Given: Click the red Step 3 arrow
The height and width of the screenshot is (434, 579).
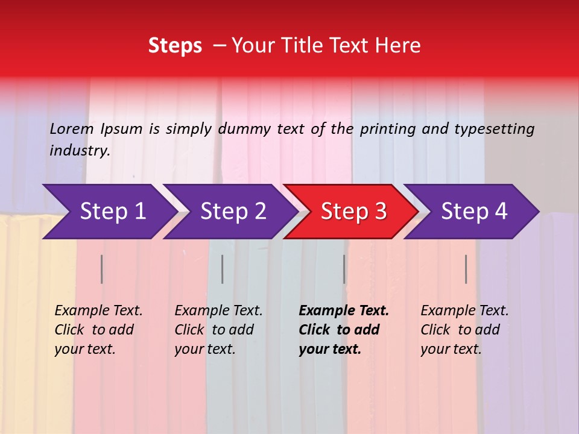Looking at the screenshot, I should pyautogui.click(x=353, y=212).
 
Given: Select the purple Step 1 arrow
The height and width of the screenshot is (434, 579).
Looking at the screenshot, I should pyautogui.click(x=112, y=212).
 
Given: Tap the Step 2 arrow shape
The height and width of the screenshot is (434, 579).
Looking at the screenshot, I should pyautogui.click(x=233, y=212).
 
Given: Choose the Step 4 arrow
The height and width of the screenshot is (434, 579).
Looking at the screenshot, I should pyautogui.click(x=474, y=212).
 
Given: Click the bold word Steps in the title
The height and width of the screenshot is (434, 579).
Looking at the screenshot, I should pyautogui.click(x=175, y=46).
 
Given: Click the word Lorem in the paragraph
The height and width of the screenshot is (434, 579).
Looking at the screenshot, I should pyautogui.click(x=71, y=129).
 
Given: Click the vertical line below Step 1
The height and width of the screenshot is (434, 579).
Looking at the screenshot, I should pyautogui.click(x=102, y=269).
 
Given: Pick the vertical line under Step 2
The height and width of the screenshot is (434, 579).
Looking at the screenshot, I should pyautogui.click(x=223, y=269).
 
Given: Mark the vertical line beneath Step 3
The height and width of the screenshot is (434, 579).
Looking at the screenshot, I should pyautogui.click(x=344, y=269).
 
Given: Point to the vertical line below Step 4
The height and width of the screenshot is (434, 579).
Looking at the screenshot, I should pyautogui.click(x=466, y=269).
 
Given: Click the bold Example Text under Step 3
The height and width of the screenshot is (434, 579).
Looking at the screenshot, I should pyautogui.click(x=344, y=311).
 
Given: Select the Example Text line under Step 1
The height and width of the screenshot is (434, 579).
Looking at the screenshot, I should pyautogui.click(x=98, y=311).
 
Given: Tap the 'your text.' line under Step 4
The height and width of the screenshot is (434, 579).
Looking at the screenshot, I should pyautogui.click(x=451, y=349).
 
